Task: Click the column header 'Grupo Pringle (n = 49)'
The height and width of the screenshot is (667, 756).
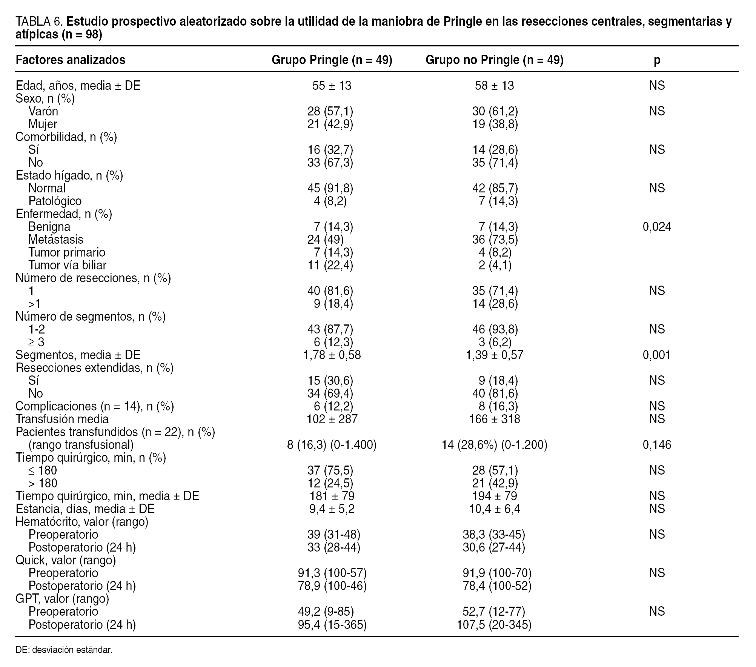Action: (332, 60)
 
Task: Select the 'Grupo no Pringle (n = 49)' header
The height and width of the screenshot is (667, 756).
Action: (494, 60)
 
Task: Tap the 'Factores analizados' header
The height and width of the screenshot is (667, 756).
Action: (71, 60)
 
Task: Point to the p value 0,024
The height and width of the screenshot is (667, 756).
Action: (657, 227)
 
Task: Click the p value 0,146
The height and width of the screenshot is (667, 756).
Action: (657, 445)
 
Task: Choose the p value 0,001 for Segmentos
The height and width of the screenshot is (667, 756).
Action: (657, 355)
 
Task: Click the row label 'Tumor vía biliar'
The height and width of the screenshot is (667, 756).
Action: (67, 265)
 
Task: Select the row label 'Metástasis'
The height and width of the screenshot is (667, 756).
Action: (55, 240)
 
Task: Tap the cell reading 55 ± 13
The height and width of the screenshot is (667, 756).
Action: (332, 86)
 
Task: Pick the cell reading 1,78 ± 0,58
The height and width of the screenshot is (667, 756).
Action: (332, 355)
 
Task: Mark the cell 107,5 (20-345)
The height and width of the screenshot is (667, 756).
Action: (494, 625)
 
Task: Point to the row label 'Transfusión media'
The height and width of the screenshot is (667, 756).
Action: (62, 419)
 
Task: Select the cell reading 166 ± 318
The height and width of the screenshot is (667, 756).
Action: (494, 419)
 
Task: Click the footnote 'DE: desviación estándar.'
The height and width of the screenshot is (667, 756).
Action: (64, 650)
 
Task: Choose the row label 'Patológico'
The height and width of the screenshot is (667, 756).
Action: (55, 201)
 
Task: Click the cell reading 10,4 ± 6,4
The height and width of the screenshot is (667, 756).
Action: (494, 509)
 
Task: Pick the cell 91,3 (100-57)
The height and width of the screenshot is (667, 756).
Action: (332, 573)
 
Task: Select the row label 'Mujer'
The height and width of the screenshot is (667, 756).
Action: (43, 124)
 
